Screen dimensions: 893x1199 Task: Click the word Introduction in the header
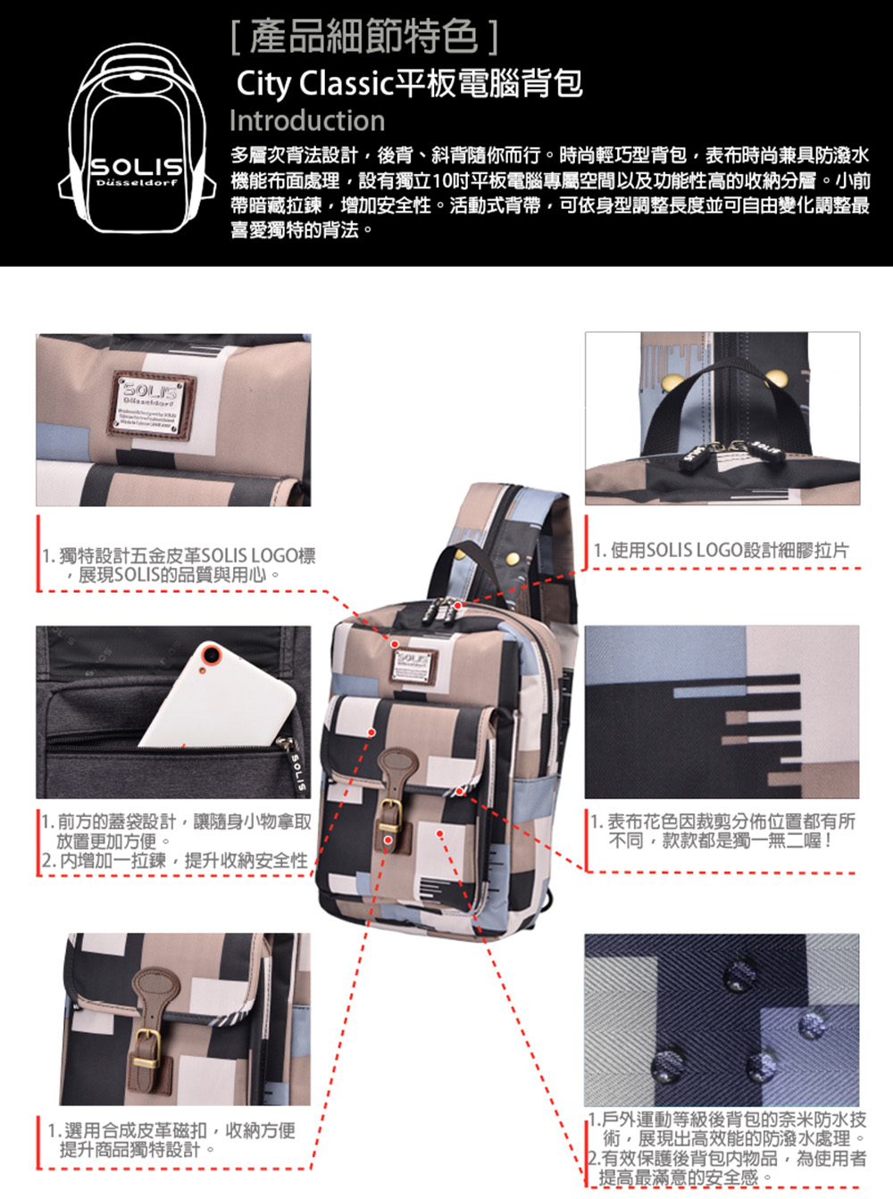(x=307, y=121)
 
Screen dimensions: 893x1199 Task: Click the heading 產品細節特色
(x=364, y=37)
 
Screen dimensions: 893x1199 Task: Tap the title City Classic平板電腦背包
(x=410, y=84)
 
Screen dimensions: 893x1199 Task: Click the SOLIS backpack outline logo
(x=137, y=137)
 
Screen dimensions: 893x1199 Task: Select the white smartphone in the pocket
(x=219, y=695)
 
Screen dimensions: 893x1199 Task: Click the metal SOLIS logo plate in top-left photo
(x=152, y=404)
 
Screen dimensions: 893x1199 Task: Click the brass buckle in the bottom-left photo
(x=147, y=1049)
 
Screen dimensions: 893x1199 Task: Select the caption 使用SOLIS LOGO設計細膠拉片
(x=722, y=551)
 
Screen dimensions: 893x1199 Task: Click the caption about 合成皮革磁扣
(x=171, y=1139)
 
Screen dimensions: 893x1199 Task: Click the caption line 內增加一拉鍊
(x=175, y=860)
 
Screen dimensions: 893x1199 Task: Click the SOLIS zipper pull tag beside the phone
(x=296, y=764)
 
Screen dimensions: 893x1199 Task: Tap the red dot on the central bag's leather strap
(x=388, y=839)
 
